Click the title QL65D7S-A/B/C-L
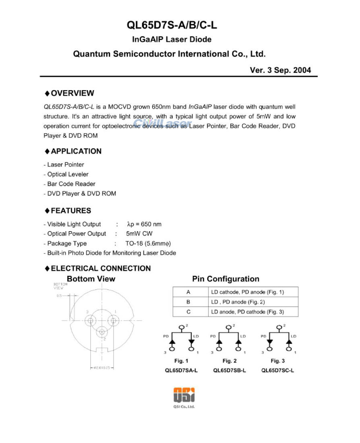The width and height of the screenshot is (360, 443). (172, 25)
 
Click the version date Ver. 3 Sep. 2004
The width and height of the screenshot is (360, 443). (280, 70)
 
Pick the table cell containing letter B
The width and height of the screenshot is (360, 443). (188, 302)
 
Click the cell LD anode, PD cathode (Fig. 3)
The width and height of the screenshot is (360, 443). (248, 312)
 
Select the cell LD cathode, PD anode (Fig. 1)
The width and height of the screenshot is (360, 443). (248, 292)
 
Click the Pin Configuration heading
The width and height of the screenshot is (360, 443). (226, 279)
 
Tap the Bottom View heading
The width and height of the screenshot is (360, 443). (91, 279)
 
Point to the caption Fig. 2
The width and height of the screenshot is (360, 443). (229, 361)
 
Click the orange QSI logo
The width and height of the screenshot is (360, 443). (184, 395)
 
